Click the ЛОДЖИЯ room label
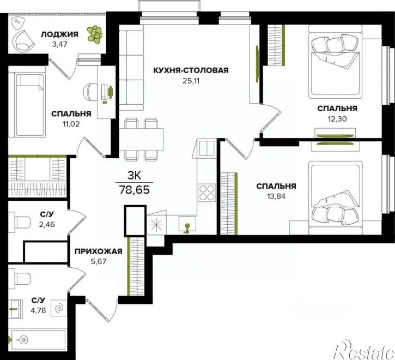click(x=59, y=34)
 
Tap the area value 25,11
click(x=191, y=81)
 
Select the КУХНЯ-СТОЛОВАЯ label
click(x=191, y=70)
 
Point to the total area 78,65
click(x=135, y=189)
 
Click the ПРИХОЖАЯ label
click(x=99, y=251)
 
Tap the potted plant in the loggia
click(x=95, y=34)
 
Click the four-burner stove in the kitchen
click(x=207, y=193)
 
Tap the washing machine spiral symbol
click(x=59, y=308)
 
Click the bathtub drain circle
click(x=23, y=340)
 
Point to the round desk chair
click(x=91, y=92)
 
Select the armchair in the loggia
click(x=23, y=41)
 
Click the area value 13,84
click(x=276, y=196)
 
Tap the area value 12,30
click(x=337, y=118)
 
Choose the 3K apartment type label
click(x=135, y=176)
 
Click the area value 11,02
click(x=71, y=124)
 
